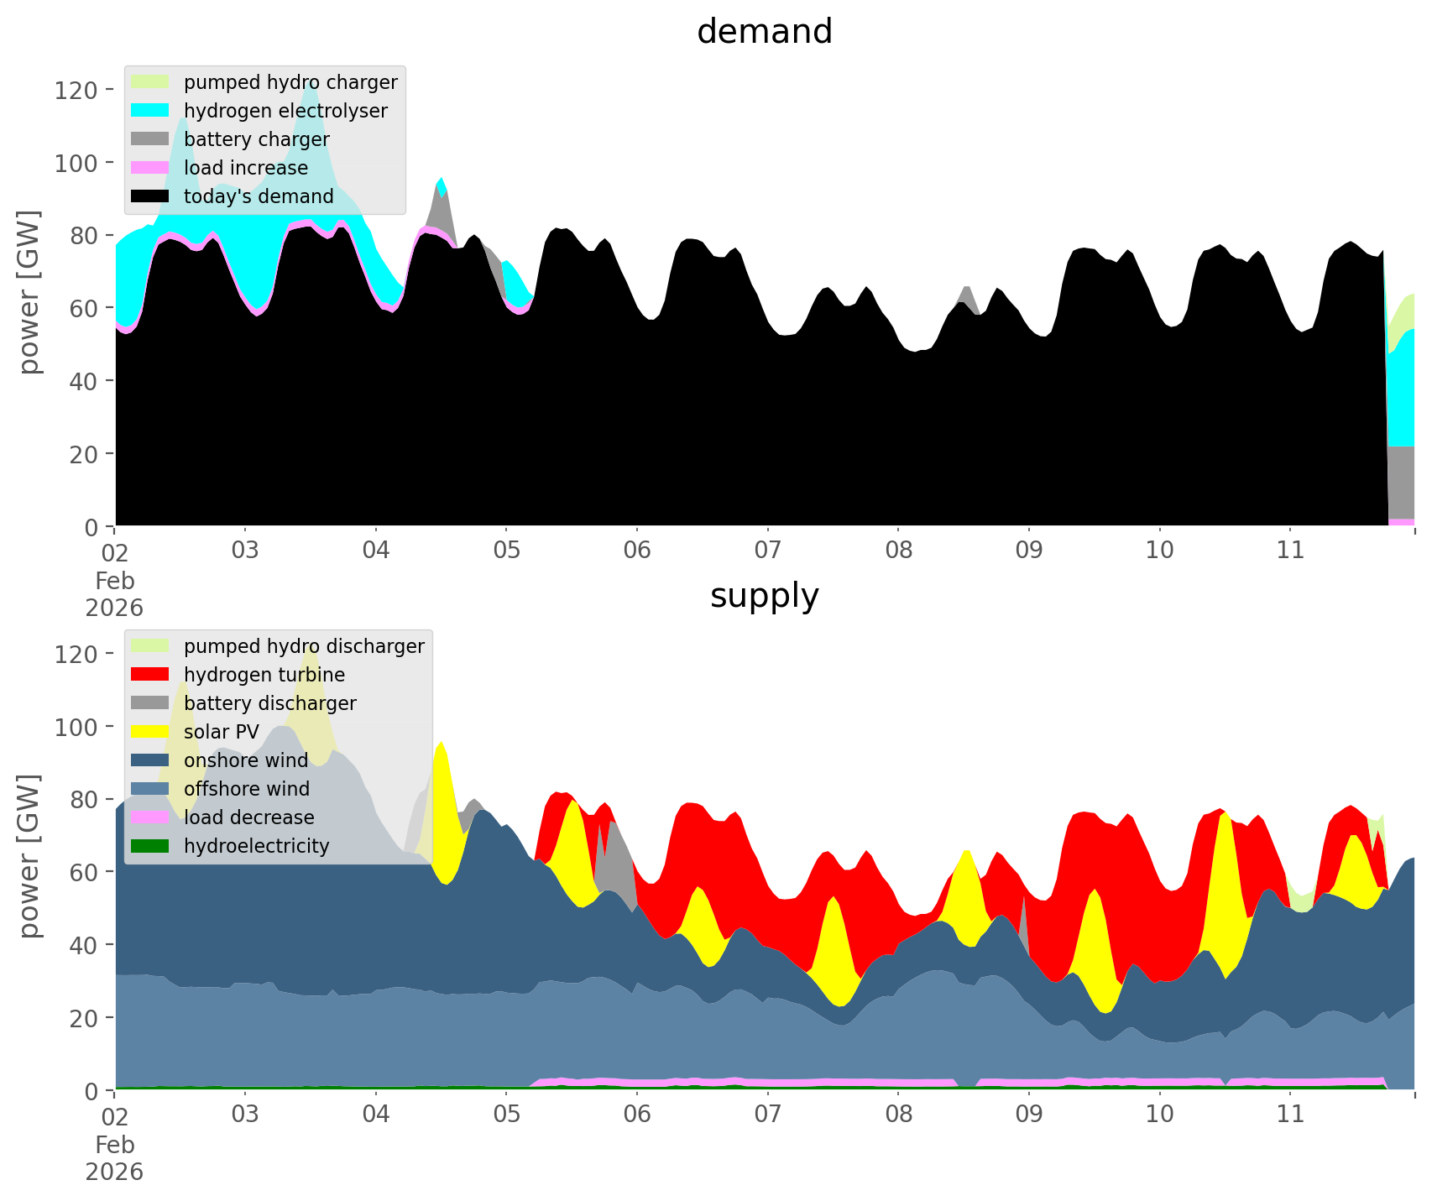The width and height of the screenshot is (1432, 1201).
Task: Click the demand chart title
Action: pyautogui.click(x=764, y=32)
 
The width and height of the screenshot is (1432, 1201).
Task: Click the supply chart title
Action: pyautogui.click(x=764, y=596)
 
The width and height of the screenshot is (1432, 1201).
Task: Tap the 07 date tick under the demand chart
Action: pyautogui.click(x=767, y=551)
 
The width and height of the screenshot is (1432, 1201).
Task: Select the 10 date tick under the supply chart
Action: pyautogui.click(x=1159, y=1115)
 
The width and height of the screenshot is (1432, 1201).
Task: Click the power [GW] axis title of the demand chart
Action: pyautogui.click(x=29, y=291)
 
